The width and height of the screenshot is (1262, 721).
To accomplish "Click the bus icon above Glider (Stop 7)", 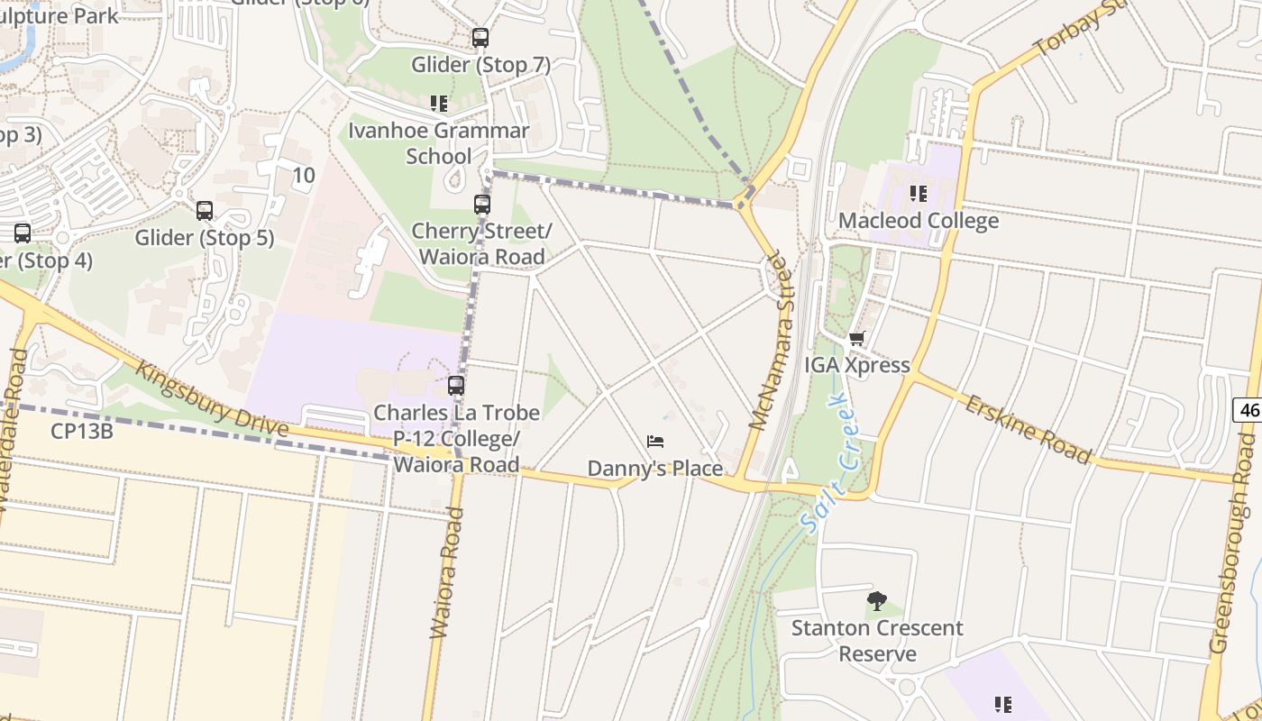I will pyautogui.click(x=480, y=38).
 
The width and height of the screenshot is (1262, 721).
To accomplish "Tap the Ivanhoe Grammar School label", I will pyautogui.click(x=439, y=143).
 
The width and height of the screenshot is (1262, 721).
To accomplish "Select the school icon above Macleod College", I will pyautogui.click(x=919, y=194).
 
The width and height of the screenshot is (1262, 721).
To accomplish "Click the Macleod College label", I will pyautogui.click(x=919, y=221).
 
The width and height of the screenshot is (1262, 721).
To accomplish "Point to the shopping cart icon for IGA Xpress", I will pyautogui.click(x=856, y=339).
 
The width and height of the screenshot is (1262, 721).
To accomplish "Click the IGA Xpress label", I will pyautogui.click(x=856, y=366).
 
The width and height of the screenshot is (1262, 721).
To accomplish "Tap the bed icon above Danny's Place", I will pyautogui.click(x=655, y=442).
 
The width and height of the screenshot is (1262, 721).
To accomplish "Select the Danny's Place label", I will pyautogui.click(x=655, y=469).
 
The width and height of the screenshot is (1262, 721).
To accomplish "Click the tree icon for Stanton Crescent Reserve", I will pyautogui.click(x=876, y=601).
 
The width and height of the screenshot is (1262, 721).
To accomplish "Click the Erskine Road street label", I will pyautogui.click(x=1028, y=428).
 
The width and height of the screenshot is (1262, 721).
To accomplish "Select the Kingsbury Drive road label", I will pyautogui.click(x=212, y=399).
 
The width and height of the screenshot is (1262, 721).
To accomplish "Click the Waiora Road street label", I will pyautogui.click(x=447, y=573).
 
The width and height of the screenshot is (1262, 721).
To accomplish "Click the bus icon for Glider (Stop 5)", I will pyautogui.click(x=205, y=211).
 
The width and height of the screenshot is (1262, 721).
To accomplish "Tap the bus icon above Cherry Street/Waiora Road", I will pyautogui.click(x=482, y=205).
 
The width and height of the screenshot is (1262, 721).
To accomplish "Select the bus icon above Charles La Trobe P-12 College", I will pyautogui.click(x=456, y=386).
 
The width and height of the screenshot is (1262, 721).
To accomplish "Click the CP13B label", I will pyautogui.click(x=81, y=431).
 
